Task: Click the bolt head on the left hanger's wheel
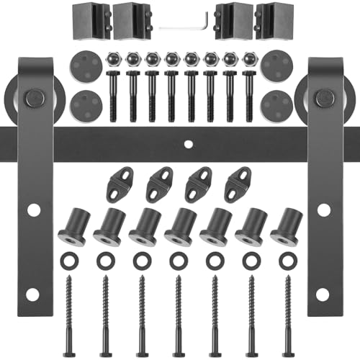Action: pyautogui.click(x=32, y=96)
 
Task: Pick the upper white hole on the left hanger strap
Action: pyautogui.click(x=33, y=210)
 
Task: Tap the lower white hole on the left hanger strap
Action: pyautogui.click(x=33, y=294)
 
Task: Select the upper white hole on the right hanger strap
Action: pyautogui.click(x=324, y=210)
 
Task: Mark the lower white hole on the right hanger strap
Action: pyautogui.click(x=324, y=294)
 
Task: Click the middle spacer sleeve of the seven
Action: pyautogui.click(x=178, y=226)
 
